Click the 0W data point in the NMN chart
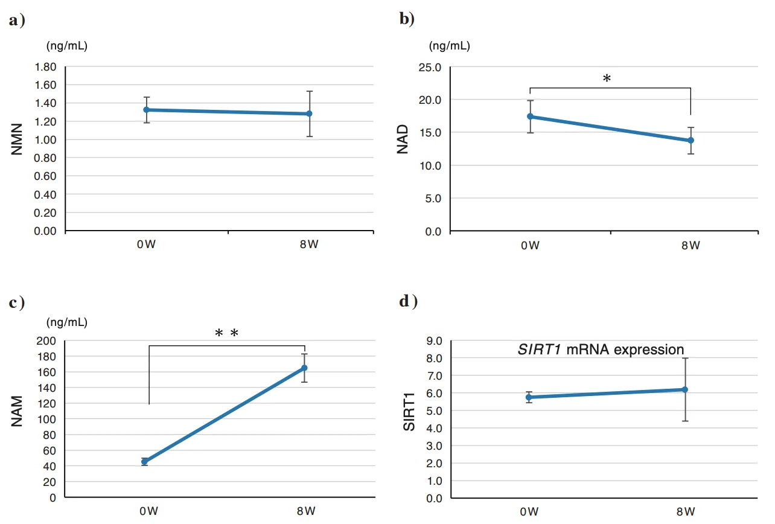point(147,110)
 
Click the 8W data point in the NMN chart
point(309,113)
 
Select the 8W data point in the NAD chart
point(690,140)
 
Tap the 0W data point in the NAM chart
point(145,461)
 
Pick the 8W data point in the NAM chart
point(304,368)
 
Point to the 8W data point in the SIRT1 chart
point(685,389)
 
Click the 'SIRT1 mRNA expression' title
point(601,350)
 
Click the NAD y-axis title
point(403,139)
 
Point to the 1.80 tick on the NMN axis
point(46,67)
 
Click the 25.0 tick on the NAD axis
point(430,67)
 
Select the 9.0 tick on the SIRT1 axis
point(433,340)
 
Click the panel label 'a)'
point(17,21)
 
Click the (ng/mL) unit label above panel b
point(450,45)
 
